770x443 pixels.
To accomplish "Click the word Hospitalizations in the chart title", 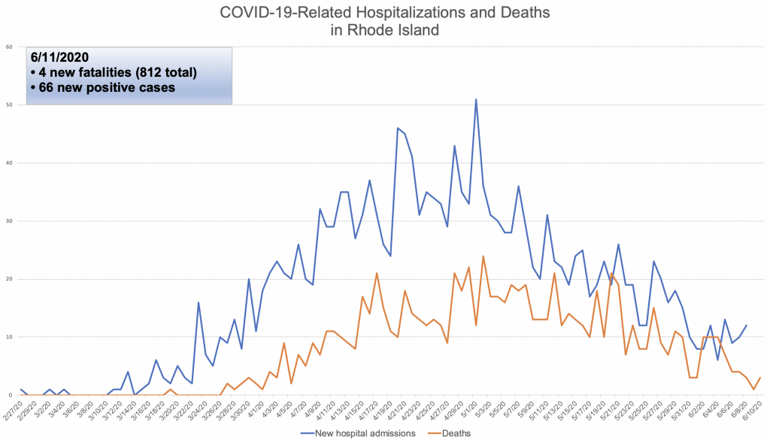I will [390, 12].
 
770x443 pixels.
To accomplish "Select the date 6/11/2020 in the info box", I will [59, 57].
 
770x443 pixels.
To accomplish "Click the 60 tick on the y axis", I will [10, 47].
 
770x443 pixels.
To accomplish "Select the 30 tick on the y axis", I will [10, 221].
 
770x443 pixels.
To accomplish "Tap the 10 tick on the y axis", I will [10, 337].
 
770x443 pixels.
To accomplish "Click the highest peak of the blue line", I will [476, 99].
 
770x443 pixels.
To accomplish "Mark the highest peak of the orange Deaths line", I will [483, 256].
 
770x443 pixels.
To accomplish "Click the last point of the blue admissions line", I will [746, 326].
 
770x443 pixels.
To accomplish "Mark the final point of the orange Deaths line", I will [760, 378].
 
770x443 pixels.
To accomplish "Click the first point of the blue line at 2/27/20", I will [21, 389].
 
